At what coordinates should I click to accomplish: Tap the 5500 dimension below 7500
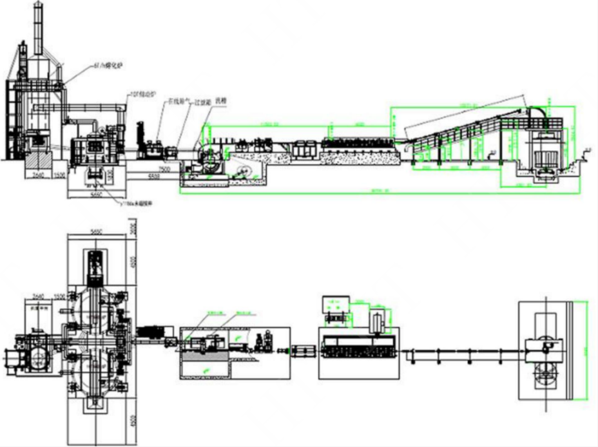153,175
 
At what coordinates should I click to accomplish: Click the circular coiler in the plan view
545,370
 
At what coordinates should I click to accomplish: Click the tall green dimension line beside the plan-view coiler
586,351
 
